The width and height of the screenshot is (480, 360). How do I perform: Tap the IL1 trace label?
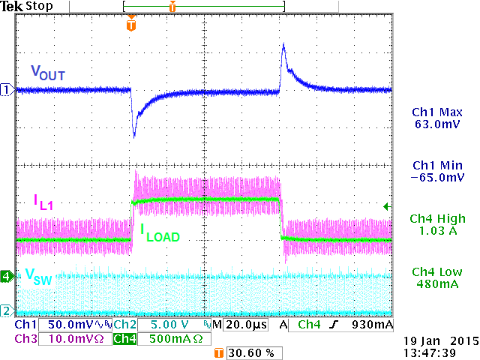click(42, 201)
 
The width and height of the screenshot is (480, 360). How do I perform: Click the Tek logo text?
click(11, 7)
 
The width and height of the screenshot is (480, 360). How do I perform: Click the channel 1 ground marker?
click(6, 90)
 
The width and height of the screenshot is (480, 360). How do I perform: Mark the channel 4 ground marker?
click(6, 276)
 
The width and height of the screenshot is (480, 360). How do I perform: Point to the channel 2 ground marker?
click(6, 310)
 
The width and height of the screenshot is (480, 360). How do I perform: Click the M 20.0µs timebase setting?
click(238, 325)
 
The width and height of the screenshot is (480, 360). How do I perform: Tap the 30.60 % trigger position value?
click(247, 352)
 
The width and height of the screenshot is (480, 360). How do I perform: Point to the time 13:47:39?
click(436, 352)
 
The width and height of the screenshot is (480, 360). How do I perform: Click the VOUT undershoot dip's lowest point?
click(134, 137)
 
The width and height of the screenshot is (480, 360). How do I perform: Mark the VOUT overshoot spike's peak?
click(283, 45)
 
